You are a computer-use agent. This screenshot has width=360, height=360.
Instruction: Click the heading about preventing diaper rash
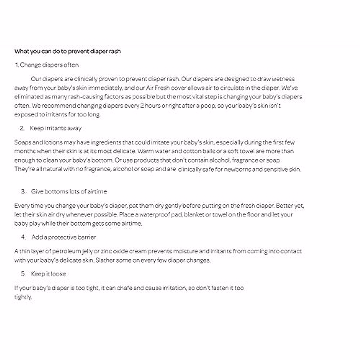pyautogui.click(x=67, y=51)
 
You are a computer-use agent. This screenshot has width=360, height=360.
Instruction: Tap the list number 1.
pyautogui.click(x=17, y=65)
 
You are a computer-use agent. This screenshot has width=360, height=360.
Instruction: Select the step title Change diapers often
pyautogui.click(x=49, y=65)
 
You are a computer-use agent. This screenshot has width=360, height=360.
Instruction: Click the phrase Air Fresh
pyautogui.click(x=156, y=88)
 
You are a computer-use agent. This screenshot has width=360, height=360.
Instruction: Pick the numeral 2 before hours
pyautogui.click(x=142, y=106)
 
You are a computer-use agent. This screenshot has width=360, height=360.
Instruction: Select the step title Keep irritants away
pyautogui.click(x=55, y=128)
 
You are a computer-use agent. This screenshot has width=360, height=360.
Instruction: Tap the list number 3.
pyautogui.click(x=23, y=192)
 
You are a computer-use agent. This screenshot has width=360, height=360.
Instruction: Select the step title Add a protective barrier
pyautogui.click(x=64, y=237)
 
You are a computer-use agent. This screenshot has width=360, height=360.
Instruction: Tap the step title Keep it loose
pyautogui.click(x=48, y=274)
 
